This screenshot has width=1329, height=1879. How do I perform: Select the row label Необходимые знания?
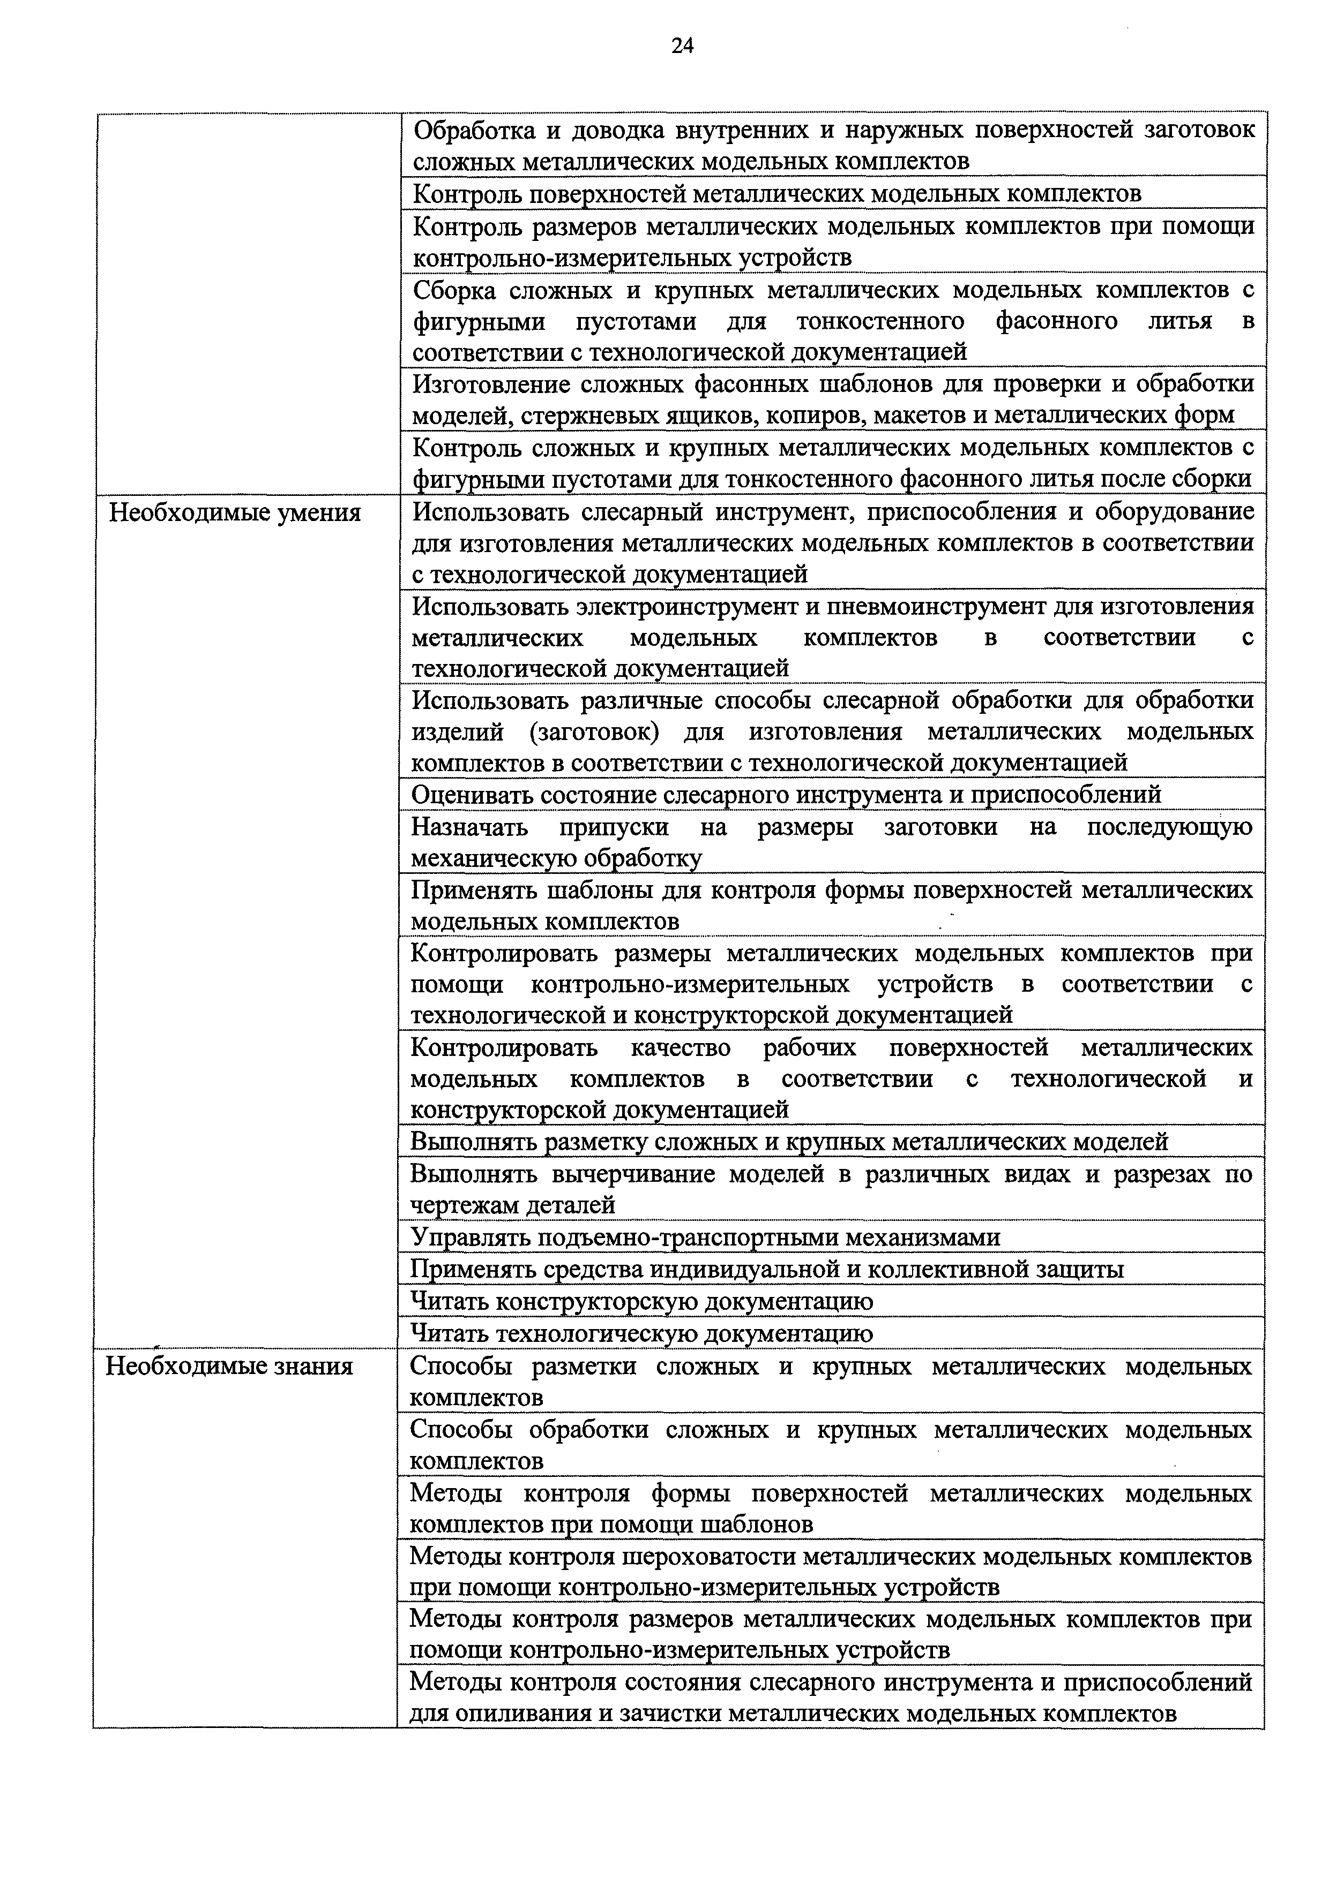[229, 1366]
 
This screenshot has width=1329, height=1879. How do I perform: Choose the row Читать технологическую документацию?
[641, 1333]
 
